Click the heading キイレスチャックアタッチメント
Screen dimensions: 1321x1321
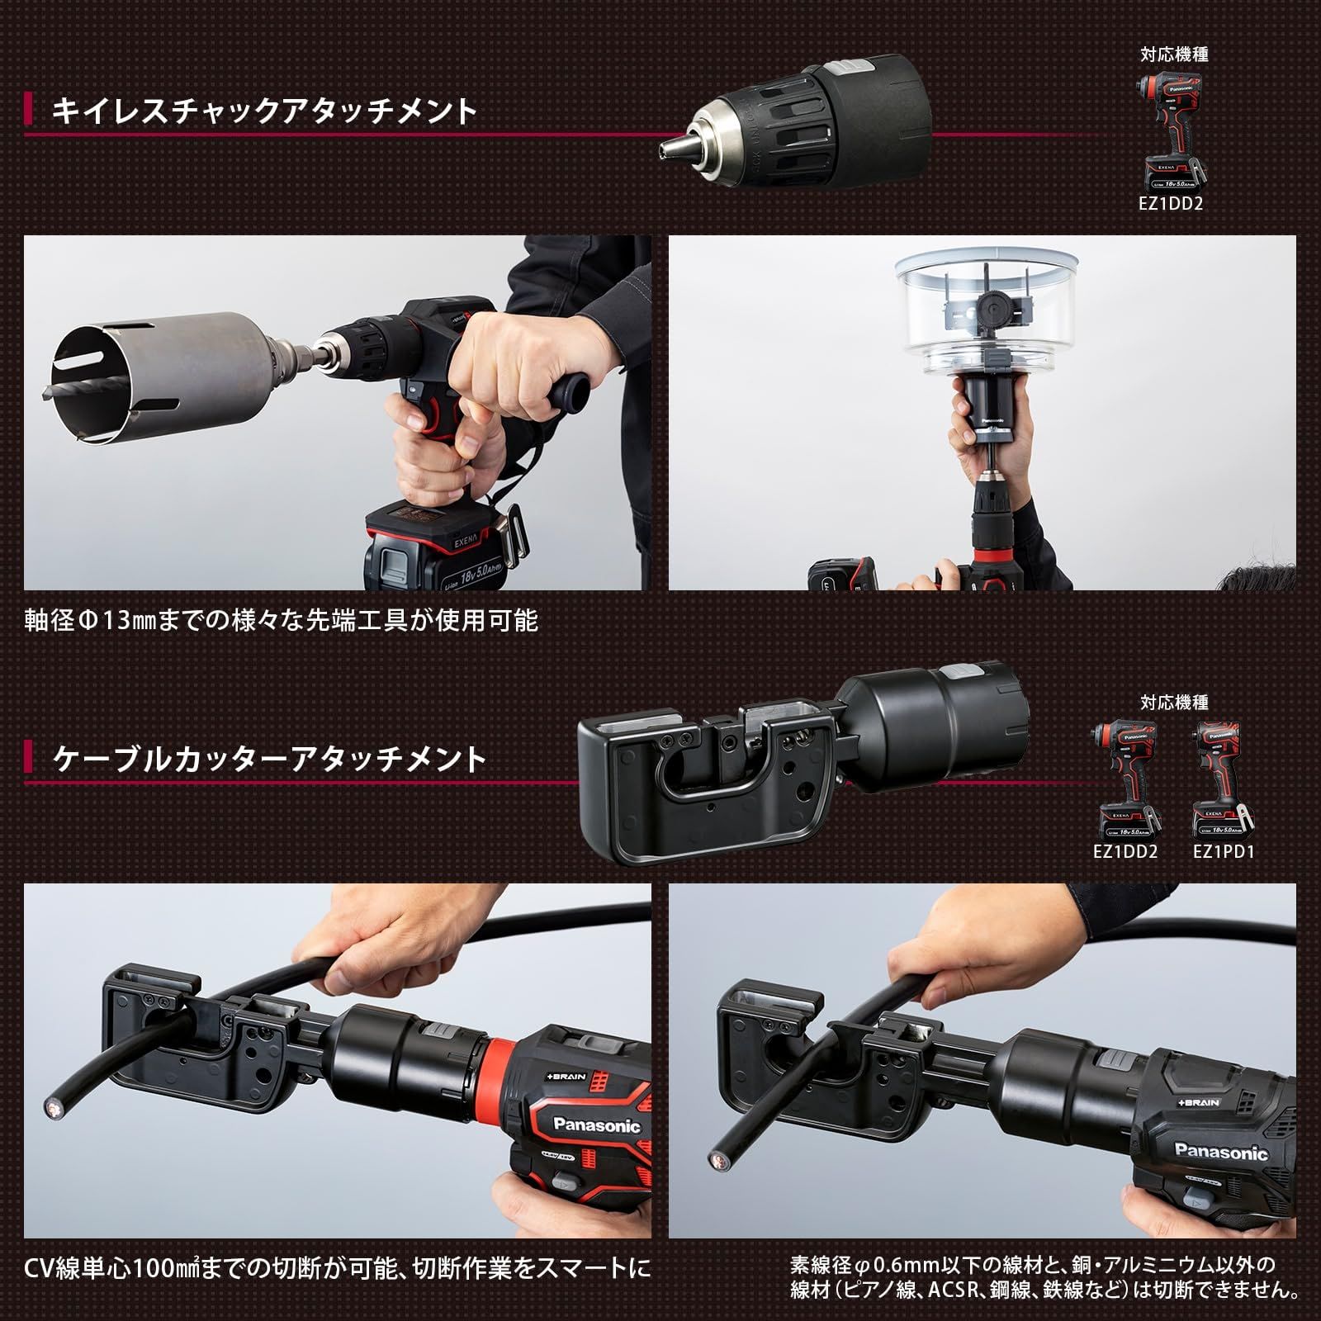point(264,110)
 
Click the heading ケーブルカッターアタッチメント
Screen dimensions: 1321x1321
point(269,758)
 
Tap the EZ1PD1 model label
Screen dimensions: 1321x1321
point(1224,851)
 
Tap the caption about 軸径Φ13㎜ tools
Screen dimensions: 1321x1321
point(281,619)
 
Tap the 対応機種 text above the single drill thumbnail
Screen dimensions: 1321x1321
point(1174,54)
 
